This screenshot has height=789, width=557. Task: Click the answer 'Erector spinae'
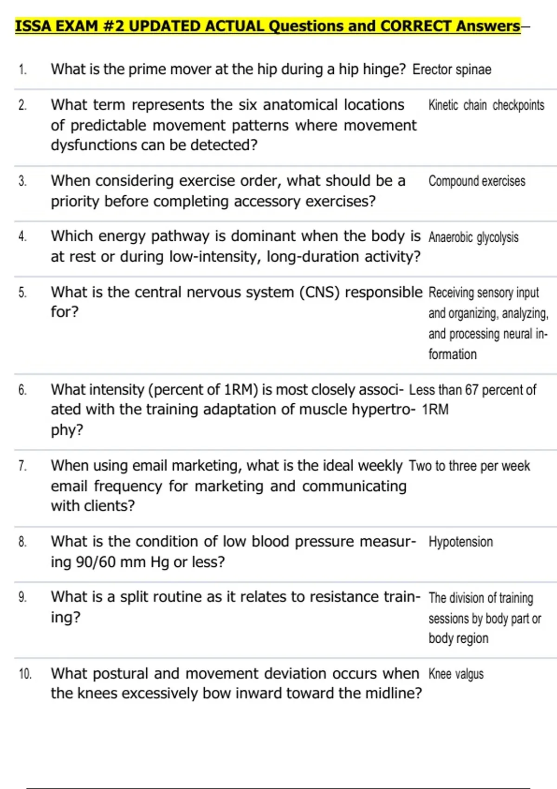(x=452, y=70)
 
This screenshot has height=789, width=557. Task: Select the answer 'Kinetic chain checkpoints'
(x=486, y=105)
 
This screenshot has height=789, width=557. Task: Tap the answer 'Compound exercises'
(x=477, y=181)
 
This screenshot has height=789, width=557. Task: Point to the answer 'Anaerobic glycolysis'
(x=473, y=237)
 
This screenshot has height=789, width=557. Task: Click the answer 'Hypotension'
(x=460, y=542)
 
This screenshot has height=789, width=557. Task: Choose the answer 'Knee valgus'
(x=456, y=674)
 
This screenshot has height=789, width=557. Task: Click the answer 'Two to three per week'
(x=469, y=466)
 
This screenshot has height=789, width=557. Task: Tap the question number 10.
(x=25, y=674)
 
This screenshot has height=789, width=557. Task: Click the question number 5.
(x=22, y=292)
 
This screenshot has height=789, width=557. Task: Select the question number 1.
(x=22, y=70)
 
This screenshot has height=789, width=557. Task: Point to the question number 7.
(x=22, y=466)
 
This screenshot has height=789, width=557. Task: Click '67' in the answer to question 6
(x=471, y=390)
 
